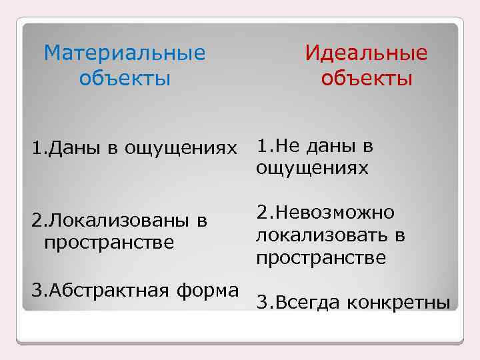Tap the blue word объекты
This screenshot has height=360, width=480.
[125, 79]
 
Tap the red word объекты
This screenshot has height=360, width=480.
[366, 79]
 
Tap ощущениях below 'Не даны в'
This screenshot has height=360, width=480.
[312, 169]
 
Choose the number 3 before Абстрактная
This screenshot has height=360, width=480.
[36, 291]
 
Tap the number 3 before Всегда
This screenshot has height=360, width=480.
[261, 303]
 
